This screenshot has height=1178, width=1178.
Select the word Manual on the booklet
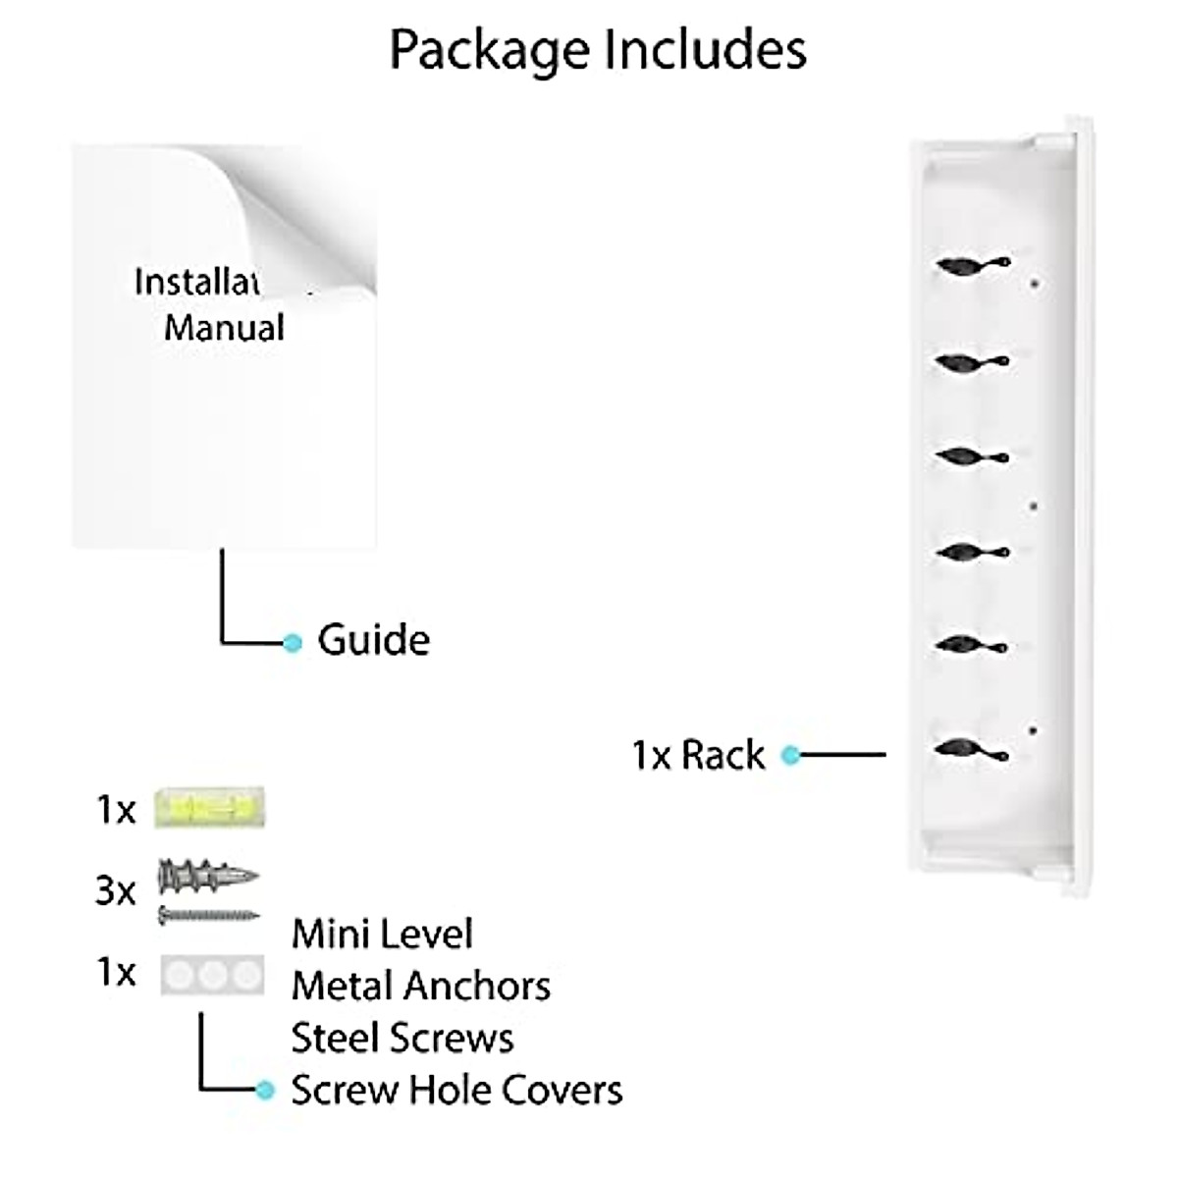pos(224,327)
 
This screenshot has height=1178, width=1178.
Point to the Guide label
pos(373,640)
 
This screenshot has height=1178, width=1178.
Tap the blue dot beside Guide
pos(292,643)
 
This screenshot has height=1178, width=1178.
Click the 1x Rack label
pos(698,755)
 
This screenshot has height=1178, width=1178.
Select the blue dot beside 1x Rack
pos(790,755)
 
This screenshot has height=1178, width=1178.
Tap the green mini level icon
pos(210,809)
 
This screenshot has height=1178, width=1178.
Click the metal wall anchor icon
pos(207,875)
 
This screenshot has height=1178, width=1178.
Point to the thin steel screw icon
pos(208,916)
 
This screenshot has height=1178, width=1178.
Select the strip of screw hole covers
pos(213,975)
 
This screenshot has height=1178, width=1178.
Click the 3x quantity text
pos(116,891)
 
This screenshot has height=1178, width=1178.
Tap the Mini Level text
pos(382,934)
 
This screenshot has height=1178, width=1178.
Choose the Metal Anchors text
pos(421,986)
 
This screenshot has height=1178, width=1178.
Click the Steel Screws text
pos(402,1038)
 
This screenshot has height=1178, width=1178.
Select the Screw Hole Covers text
pos(456,1090)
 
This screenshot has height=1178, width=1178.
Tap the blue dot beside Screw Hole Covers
pos(264,1090)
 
